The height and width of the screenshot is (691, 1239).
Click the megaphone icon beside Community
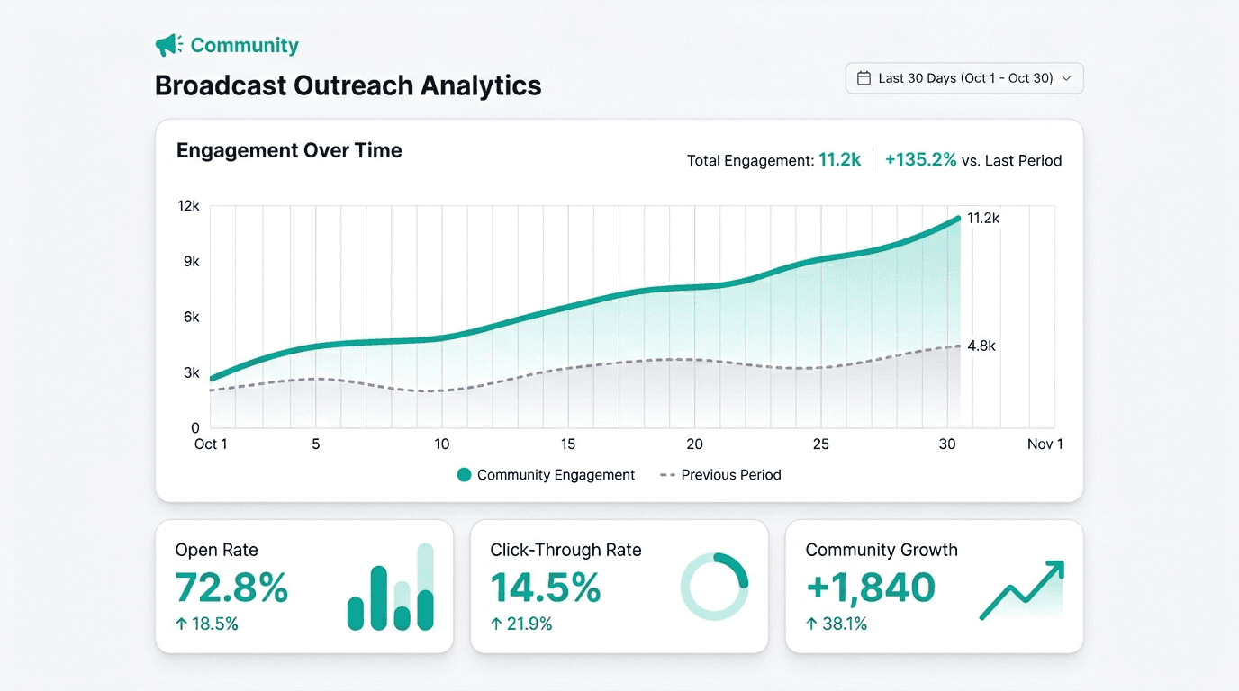click(x=168, y=45)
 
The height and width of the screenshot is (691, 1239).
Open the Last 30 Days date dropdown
click(x=964, y=78)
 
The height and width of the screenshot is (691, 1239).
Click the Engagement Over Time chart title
click(x=289, y=150)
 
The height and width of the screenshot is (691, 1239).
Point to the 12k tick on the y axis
click(x=188, y=206)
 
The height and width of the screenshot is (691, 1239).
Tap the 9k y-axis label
click(x=192, y=262)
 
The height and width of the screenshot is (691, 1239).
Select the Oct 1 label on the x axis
click(x=211, y=444)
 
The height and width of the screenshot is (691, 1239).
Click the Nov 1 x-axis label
click(x=1045, y=444)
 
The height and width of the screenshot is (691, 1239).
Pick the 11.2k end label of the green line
click(x=983, y=219)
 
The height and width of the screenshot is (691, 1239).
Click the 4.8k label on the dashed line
click(x=981, y=346)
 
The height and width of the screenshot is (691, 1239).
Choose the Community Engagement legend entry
click(x=546, y=475)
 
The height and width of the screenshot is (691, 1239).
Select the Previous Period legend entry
click(x=720, y=475)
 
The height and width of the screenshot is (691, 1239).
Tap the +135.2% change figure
click(x=920, y=160)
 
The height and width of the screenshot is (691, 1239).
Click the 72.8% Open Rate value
click(x=231, y=587)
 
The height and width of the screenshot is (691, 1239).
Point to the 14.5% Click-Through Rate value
click(x=546, y=587)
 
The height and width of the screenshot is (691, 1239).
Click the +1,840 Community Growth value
click(x=871, y=587)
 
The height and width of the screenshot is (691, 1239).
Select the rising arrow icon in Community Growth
click(x=1022, y=590)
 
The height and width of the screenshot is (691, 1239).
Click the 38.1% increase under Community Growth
click(x=837, y=624)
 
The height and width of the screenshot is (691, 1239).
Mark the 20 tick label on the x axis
click(x=695, y=444)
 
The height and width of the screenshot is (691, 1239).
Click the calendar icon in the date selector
click(x=864, y=78)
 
